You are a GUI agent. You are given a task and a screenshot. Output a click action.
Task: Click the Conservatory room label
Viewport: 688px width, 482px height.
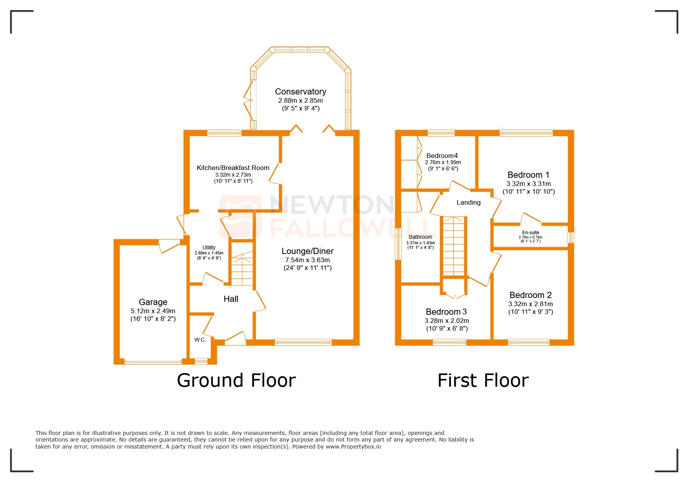click(300, 92)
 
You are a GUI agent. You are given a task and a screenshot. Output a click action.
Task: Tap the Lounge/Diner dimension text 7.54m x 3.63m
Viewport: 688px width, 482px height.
click(307, 260)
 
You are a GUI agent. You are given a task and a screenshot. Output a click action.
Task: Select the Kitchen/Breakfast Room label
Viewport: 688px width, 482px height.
click(233, 168)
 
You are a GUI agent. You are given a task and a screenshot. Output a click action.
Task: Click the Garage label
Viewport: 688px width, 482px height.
click(153, 302)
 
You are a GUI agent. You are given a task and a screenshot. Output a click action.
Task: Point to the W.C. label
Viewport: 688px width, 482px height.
click(200, 340)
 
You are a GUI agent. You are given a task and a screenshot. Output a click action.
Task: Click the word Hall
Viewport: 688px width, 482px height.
click(231, 299)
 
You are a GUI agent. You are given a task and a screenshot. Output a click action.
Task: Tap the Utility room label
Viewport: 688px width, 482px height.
click(209, 247)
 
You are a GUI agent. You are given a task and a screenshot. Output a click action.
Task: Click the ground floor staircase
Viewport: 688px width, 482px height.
click(242, 268)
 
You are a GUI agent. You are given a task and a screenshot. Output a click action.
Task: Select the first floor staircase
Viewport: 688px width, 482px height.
click(453, 246)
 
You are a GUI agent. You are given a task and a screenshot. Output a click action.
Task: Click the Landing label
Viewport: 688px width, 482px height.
click(468, 202)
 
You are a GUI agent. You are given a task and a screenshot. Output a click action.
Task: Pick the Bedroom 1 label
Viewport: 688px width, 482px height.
click(528, 175)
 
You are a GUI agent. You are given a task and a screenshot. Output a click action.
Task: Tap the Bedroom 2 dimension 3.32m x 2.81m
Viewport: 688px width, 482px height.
click(530, 304)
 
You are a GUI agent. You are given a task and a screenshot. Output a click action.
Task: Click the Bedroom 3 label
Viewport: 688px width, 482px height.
click(446, 312)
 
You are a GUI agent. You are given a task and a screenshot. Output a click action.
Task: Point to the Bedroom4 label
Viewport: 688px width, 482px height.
click(442, 156)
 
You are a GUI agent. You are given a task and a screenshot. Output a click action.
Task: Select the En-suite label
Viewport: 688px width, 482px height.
click(530, 232)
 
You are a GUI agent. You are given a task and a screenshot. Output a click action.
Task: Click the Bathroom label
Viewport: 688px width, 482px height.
click(420, 237)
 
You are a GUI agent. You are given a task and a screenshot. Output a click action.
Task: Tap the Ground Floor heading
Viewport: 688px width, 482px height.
click(236, 380)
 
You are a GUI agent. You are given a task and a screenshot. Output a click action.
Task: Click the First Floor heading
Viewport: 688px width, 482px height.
click(483, 380)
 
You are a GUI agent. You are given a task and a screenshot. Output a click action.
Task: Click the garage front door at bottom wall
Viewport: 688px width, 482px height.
click(153, 362)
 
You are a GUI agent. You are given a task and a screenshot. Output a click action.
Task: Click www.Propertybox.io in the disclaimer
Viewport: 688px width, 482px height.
click(353, 447)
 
